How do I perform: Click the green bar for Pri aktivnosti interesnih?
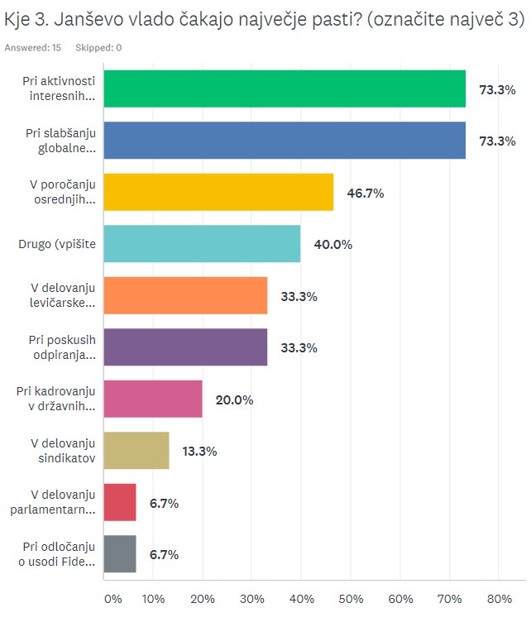click(x=285, y=89)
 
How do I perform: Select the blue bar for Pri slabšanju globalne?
click(x=285, y=141)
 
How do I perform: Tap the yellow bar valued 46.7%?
click(x=218, y=193)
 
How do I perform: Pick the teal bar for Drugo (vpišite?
click(x=202, y=244)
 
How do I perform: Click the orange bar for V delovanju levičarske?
click(x=185, y=296)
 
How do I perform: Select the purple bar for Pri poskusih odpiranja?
click(x=185, y=347)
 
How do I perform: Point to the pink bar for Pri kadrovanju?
click(x=153, y=400)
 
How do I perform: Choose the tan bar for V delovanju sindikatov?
click(x=136, y=451)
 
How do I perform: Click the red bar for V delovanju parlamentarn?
click(x=120, y=503)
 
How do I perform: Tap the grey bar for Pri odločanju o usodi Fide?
click(x=120, y=554)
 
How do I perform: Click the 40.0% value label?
click(x=332, y=244)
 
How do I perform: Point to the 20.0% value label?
click(x=234, y=400)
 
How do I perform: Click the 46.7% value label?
click(x=366, y=193)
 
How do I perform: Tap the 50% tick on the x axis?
click(x=351, y=598)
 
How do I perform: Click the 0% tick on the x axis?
click(x=112, y=598)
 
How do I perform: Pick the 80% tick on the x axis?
click(x=500, y=598)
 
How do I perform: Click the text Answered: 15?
click(x=33, y=48)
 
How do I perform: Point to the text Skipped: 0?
click(x=98, y=48)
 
